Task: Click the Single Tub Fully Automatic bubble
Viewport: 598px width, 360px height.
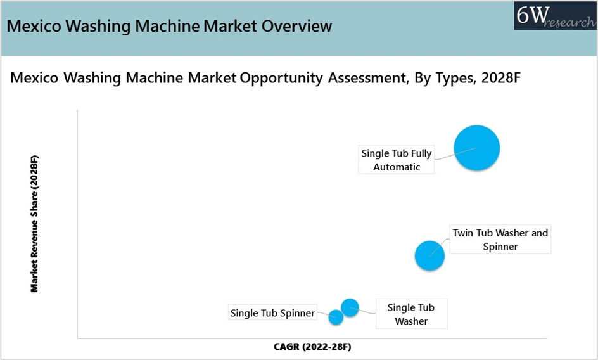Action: pyautogui.click(x=477, y=148)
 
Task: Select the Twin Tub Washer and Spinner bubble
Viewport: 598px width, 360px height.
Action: pyautogui.click(x=429, y=256)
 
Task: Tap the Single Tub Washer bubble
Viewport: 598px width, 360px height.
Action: pyautogui.click(x=350, y=307)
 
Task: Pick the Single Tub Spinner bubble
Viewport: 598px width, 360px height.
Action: pyautogui.click(x=336, y=318)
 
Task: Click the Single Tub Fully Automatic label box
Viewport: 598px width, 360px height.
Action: pyautogui.click(x=397, y=160)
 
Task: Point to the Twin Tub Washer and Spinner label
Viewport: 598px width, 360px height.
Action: pyautogui.click(x=500, y=239)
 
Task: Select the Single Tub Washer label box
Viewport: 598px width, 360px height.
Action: pyautogui.click(x=412, y=314)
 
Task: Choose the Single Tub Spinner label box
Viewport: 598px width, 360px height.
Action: pyautogui.click(x=272, y=312)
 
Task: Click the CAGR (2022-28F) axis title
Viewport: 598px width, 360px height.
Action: pyautogui.click(x=312, y=347)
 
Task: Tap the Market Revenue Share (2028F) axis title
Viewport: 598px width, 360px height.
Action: pyautogui.click(x=34, y=224)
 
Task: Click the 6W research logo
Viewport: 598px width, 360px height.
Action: pyautogui.click(x=556, y=16)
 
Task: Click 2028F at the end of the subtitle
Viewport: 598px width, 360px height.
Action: pyautogui.click(x=500, y=77)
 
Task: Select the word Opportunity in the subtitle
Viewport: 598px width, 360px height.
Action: pyautogui.click(x=281, y=78)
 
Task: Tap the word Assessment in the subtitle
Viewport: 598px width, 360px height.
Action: pyautogui.click(x=369, y=78)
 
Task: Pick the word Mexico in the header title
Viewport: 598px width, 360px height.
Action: pyautogui.click(x=34, y=26)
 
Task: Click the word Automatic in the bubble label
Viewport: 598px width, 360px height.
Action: pyautogui.click(x=397, y=167)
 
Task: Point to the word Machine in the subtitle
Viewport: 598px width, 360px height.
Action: pyautogui.click(x=155, y=77)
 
